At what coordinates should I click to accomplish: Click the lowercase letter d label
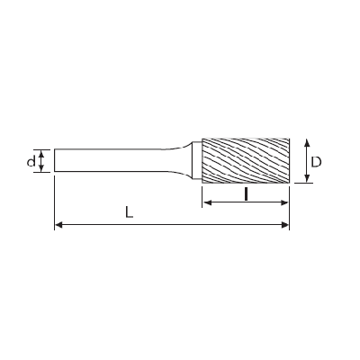tap(31, 161)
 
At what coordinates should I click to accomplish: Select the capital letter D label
tap(316, 162)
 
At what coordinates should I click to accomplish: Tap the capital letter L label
tap(129, 212)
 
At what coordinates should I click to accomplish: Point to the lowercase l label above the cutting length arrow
tap(246, 194)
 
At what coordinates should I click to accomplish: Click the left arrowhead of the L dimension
tap(58, 225)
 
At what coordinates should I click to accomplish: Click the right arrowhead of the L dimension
tap(285, 225)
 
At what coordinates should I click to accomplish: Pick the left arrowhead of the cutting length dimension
tap(207, 202)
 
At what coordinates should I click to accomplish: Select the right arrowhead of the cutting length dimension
tap(284, 202)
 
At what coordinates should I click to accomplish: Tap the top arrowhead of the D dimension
tap(307, 142)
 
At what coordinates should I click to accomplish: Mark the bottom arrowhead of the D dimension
tap(307, 178)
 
